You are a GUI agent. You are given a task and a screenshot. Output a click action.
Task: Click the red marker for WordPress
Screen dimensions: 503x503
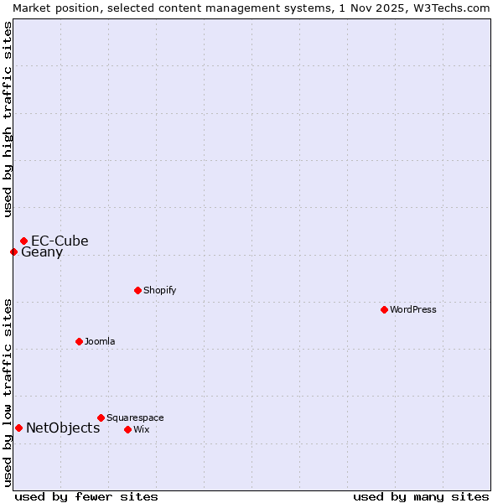coord(384,309)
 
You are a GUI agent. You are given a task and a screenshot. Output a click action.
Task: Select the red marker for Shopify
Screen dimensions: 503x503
coord(137,290)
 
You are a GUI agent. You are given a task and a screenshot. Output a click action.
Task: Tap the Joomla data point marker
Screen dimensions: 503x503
coord(79,341)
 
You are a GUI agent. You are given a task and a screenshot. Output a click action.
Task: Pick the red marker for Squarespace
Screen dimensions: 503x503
coord(101,417)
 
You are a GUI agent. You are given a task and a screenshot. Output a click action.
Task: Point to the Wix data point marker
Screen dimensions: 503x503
coord(127,429)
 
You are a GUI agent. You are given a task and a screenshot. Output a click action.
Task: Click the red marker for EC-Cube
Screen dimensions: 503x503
coord(23,241)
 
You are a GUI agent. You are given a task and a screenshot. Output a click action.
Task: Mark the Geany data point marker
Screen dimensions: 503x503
coord(13,251)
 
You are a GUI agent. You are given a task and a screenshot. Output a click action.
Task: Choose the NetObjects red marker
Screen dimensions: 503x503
coord(18,428)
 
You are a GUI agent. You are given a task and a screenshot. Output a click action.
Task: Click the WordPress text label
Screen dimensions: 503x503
coord(413,309)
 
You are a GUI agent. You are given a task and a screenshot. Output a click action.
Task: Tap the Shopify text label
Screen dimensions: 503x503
coord(159,290)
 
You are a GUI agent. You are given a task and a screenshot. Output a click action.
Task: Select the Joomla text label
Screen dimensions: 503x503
coord(100,341)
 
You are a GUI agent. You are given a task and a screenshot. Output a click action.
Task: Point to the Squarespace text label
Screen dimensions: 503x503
coord(135,417)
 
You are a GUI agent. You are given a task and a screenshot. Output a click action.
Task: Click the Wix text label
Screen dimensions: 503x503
coord(142,429)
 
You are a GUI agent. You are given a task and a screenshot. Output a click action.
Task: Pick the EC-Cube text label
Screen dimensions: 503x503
coord(60,241)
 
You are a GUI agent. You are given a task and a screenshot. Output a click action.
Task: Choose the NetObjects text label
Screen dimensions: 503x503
coord(63,428)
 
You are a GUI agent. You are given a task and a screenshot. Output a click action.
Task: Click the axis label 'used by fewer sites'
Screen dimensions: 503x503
coord(86,496)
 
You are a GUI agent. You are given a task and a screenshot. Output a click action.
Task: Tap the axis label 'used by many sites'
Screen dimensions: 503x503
coord(421,496)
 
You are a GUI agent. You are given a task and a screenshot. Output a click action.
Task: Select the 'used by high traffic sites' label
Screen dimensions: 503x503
coord(8,119)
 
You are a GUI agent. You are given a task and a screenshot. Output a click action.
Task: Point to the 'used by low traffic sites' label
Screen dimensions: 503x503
coord(8,392)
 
